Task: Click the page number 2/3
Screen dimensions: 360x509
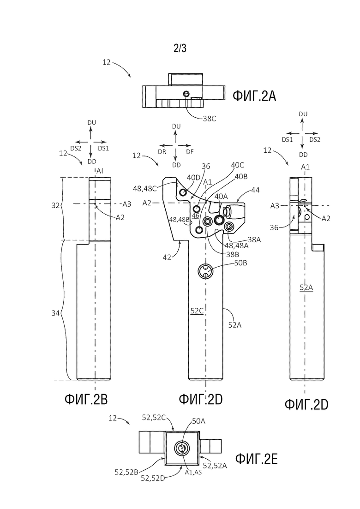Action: [x=180, y=48]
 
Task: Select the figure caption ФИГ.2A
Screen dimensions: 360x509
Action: [x=254, y=96]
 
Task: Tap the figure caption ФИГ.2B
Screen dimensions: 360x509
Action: [x=86, y=400]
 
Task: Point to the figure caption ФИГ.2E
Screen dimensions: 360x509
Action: [x=256, y=459]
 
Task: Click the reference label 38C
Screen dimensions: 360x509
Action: [x=210, y=119]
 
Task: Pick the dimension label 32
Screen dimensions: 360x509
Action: [x=55, y=205]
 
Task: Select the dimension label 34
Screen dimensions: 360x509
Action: [x=55, y=313]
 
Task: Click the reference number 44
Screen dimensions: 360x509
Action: [x=255, y=190]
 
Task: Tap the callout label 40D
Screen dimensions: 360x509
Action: [x=193, y=178]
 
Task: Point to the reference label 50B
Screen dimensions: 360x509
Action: [x=240, y=263]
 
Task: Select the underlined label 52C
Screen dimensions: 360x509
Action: [x=197, y=311]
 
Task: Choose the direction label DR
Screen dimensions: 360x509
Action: [x=162, y=151]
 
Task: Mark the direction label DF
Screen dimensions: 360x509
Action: [x=190, y=151]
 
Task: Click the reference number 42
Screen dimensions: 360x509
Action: [x=167, y=257]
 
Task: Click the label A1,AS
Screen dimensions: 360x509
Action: [x=193, y=473]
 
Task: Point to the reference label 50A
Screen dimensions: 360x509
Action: [x=198, y=421]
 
